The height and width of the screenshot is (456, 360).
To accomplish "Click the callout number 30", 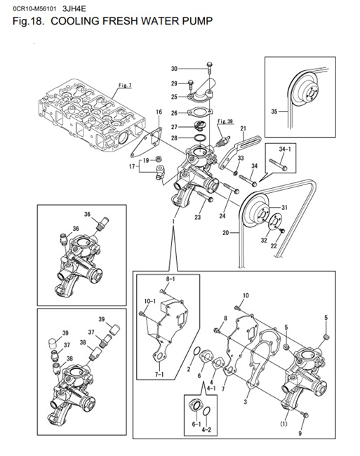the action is [174, 69].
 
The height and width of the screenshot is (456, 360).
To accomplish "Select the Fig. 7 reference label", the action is [125, 85].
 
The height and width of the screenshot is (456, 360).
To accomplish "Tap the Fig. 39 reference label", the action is [225, 121].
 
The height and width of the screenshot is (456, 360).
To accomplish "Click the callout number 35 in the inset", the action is [274, 111].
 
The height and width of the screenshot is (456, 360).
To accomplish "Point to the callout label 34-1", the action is [285, 149].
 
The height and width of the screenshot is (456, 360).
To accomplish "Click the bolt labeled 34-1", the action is [279, 164].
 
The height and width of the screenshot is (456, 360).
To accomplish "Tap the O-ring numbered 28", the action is [201, 138].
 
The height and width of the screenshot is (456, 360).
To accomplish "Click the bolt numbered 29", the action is [190, 85].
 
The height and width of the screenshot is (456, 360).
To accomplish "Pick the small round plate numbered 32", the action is [274, 223].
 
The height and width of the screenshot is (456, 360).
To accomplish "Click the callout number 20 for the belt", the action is [226, 233].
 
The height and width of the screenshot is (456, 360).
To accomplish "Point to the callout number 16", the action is [159, 112].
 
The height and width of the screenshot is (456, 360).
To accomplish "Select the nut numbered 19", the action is [159, 159].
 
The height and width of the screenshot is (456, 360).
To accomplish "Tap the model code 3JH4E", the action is [74, 8].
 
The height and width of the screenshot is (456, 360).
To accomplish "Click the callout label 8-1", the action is [171, 279].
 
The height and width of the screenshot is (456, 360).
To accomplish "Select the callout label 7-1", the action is [159, 375].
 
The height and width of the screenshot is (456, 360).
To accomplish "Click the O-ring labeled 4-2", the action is [207, 412].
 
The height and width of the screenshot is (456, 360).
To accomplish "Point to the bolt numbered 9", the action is [305, 415].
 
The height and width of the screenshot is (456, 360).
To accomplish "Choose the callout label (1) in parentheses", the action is [284, 424].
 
